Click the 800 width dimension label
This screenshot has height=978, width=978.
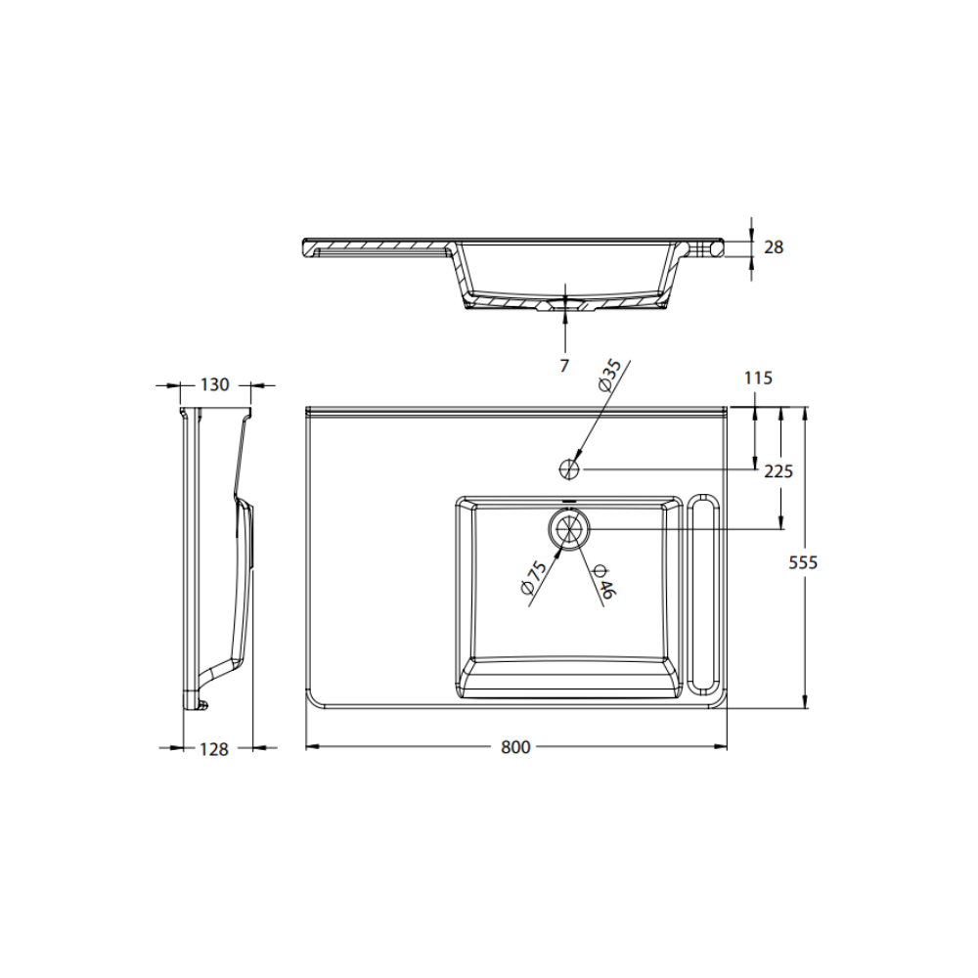(x=515, y=747)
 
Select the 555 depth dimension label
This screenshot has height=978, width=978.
(x=803, y=562)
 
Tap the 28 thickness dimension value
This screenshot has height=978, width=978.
(x=773, y=247)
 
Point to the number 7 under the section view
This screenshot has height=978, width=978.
(x=564, y=366)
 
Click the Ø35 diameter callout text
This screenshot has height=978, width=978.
(x=608, y=377)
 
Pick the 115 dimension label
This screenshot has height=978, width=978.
(x=758, y=378)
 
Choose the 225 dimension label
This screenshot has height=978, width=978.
(x=778, y=470)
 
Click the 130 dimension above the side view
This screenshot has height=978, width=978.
(x=214, y=384)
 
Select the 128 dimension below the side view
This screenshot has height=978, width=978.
(x=213, y=749)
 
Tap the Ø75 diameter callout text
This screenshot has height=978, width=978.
(x=533, y=578)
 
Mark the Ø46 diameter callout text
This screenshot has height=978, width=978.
(x=602, y=582)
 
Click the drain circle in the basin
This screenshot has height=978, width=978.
(x=569, y=529)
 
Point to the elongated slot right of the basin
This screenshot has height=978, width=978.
(x=703, y=596)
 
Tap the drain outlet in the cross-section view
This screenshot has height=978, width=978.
(x=565, y=305)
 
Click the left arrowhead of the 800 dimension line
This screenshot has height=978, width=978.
(x=312, y=747)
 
